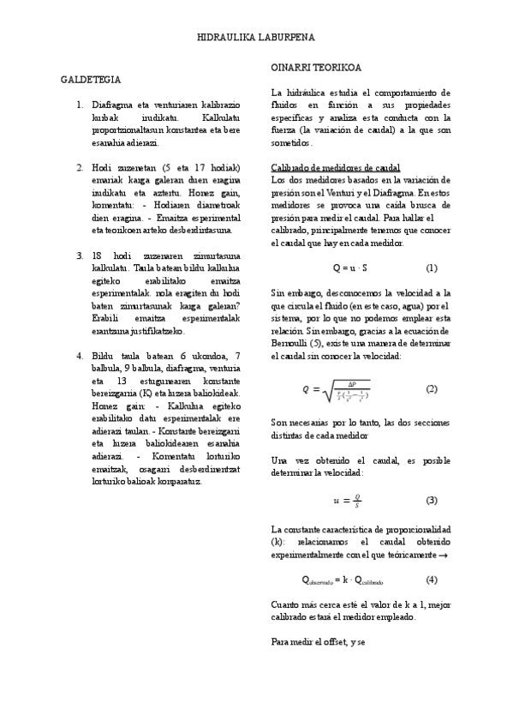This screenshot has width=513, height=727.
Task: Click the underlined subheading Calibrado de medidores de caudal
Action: tap(336, 167)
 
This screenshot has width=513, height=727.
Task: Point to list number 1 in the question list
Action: tap(79, 105)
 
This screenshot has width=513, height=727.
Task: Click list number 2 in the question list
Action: tap(79, 166)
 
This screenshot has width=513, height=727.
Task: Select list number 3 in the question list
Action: tap(79, 256)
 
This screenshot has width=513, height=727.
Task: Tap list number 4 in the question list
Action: tap(79, 355)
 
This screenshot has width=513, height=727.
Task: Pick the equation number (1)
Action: tap(432, 267)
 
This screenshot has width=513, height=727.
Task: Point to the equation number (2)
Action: tap(432, 388)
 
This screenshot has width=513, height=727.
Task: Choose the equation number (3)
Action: tap(432, 500)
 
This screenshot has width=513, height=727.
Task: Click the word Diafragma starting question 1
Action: tap(111, 105)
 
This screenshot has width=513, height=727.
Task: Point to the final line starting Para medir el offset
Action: tap(318, 642)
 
